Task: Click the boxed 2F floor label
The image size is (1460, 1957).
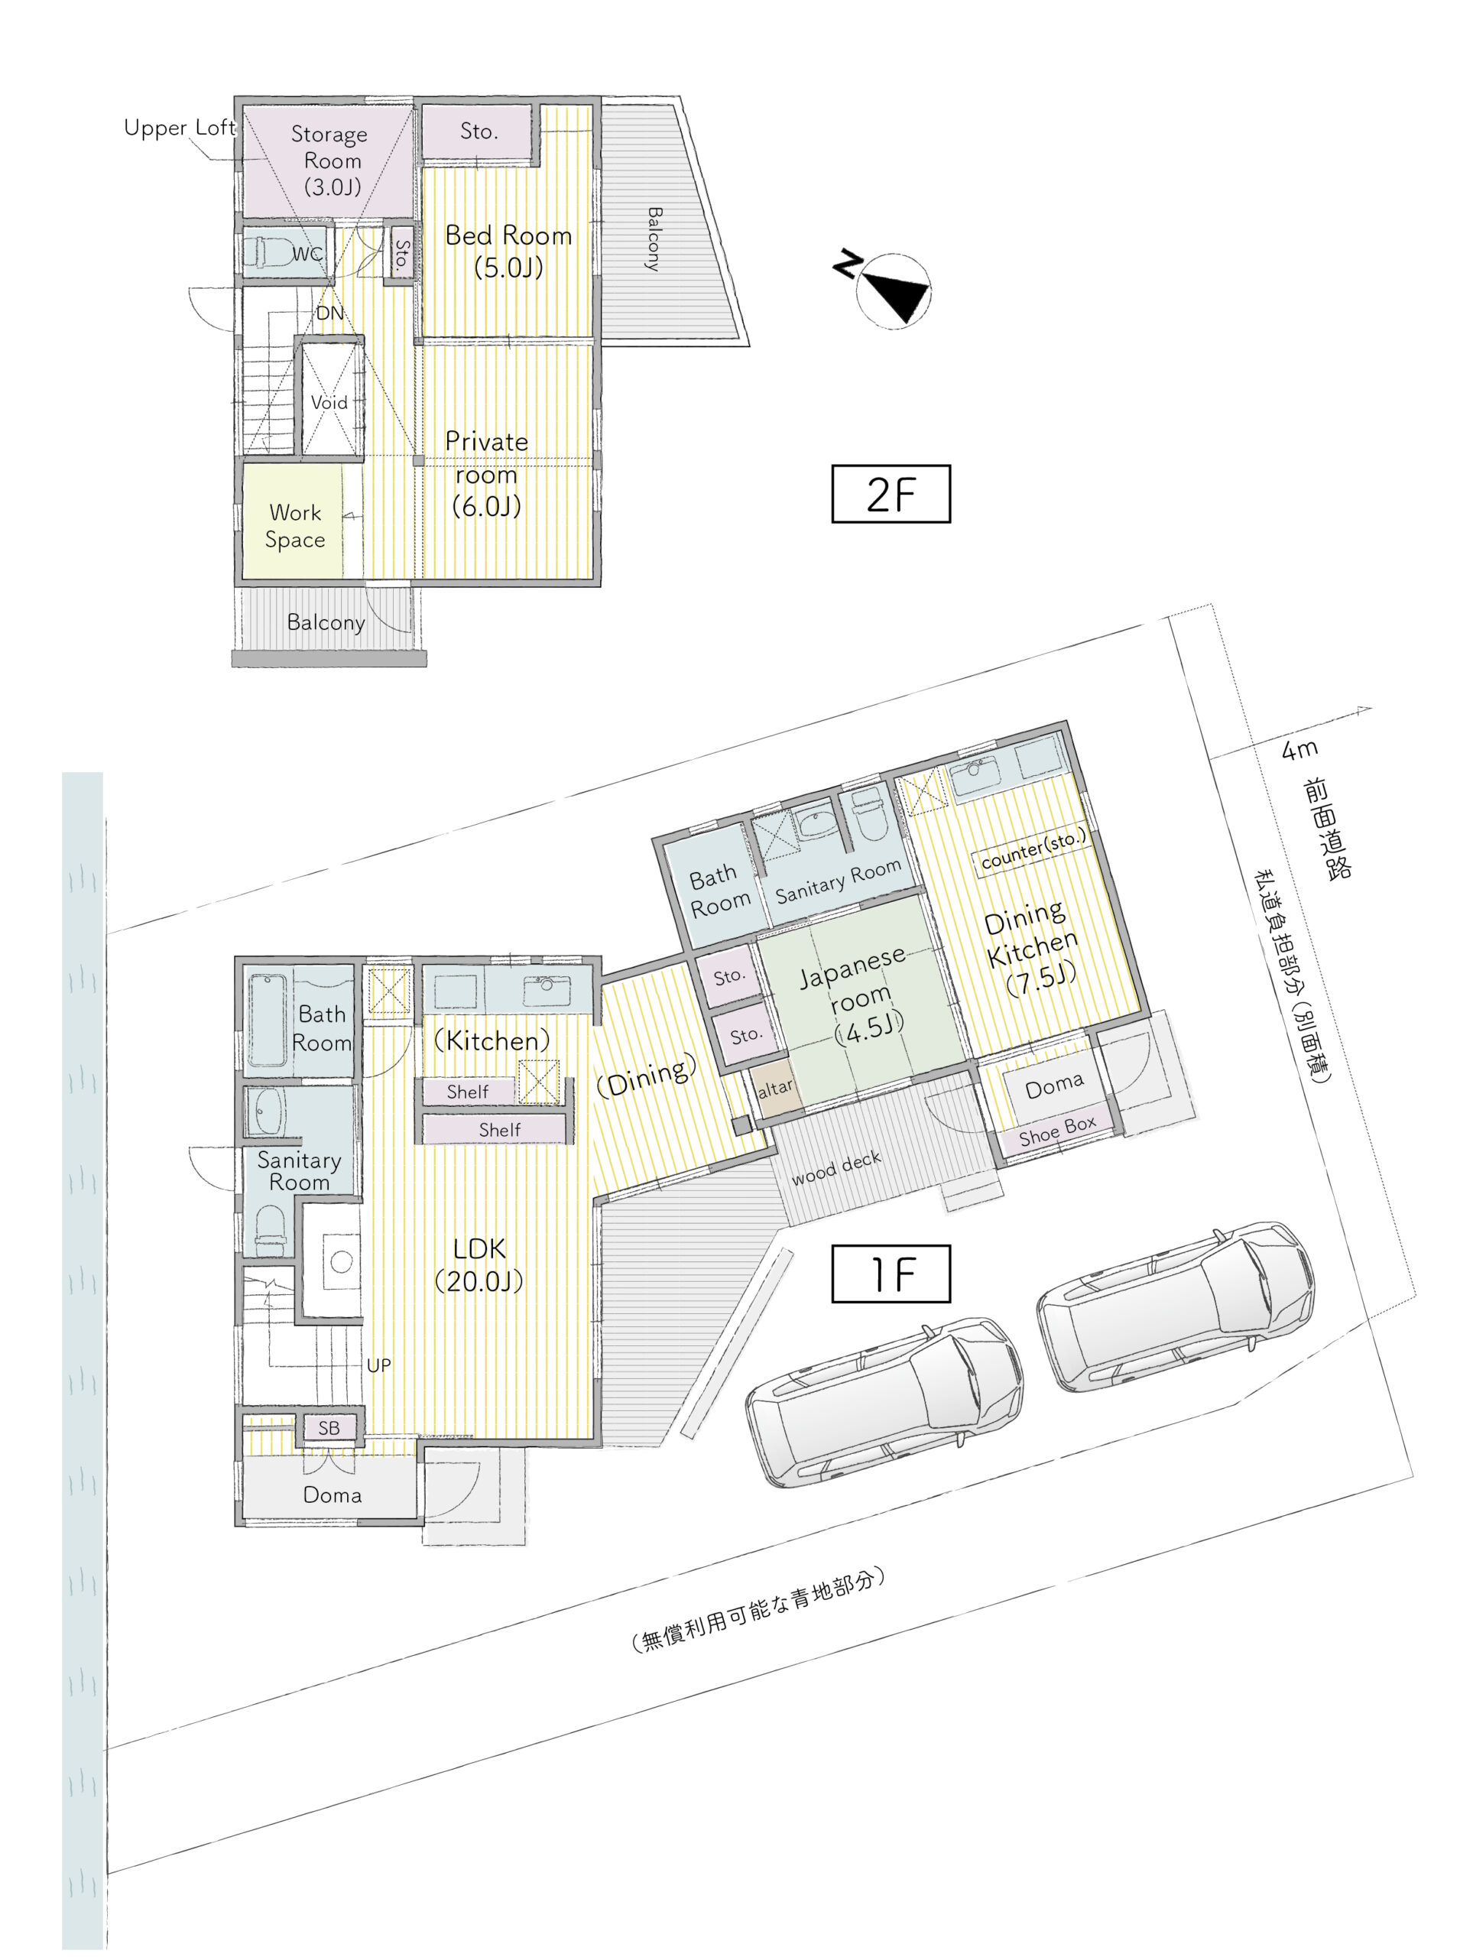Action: pos(890,493)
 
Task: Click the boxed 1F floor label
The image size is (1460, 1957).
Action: pos(890,1274)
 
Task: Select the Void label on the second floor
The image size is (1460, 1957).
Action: pos(329,402)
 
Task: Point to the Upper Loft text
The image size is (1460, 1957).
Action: pos(180,128)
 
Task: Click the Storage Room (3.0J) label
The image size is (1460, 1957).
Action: pos(330,160)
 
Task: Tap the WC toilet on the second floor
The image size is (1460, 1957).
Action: pos(268,251)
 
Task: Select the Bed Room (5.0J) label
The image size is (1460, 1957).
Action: pos(508,251)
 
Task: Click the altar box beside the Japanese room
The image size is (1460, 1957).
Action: pos(775,1088)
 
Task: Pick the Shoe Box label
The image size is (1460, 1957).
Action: pos(1057,1131)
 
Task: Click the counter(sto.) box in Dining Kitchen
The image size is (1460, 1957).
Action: pos(1032,849)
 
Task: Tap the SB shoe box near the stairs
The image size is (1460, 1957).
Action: pos(329,1427)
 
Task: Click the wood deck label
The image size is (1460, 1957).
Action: pos(836,1167)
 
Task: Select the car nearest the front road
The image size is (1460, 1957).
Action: pos(1176,1307)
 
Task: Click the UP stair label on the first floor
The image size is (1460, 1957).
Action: pos(378,1365)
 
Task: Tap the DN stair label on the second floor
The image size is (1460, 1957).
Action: pos(329,313)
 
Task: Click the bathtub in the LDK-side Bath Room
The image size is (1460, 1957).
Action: pos(268,1019)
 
